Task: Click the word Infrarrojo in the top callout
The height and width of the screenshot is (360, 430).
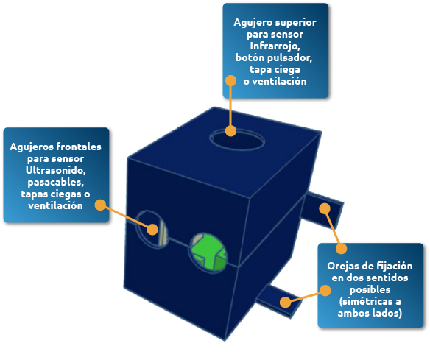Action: (x=275, y=46)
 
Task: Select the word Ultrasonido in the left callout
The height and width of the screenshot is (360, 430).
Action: (x=56, y=170)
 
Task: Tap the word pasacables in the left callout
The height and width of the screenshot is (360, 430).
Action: (x=56, y=183)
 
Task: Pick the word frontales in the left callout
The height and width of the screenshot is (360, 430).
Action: (x=79, y=147)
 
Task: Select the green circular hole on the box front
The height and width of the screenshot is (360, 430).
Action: (x=208, y=253)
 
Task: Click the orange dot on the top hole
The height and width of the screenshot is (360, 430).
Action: (x=230, y=131)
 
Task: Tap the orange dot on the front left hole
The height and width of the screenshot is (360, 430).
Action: (x=152, y=230)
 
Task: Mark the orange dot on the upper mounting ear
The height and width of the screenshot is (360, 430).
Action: (x=325, y=208)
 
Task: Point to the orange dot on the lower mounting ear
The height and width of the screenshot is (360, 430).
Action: (x=286, y=302)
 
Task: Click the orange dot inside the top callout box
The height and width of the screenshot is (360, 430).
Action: (x=230, y=81)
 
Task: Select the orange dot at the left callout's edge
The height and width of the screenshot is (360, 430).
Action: (x=100, y=205)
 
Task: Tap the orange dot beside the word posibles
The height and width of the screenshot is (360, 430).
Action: (x=325, y=290)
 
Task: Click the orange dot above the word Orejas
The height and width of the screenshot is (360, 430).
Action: (x=341, y=249)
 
